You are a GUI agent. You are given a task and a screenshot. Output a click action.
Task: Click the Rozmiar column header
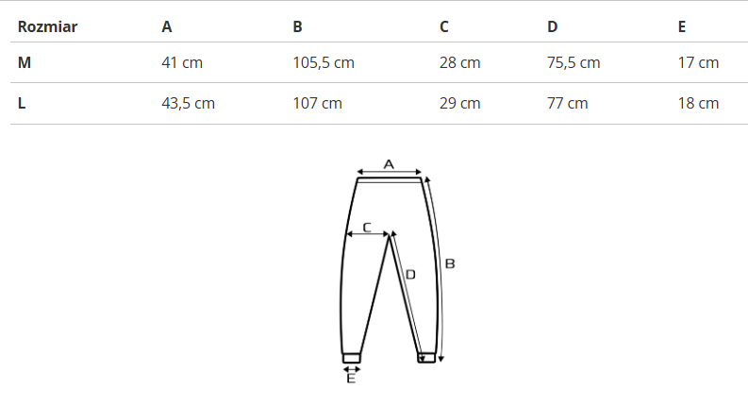[47, 26]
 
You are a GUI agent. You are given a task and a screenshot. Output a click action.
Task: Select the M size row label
[25, 62]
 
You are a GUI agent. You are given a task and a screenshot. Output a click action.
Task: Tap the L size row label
[22, 103]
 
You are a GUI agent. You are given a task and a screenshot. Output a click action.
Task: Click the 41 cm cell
[182, 62]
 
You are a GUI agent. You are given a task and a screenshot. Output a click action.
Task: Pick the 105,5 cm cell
[324, 62]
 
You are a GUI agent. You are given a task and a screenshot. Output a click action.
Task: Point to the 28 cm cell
[460, 62]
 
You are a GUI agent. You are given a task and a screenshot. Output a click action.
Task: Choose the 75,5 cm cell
[573, 62]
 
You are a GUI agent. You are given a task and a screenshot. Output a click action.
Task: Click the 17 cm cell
[698, 62]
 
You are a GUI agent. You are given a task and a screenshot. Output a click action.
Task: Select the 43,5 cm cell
[188, 103]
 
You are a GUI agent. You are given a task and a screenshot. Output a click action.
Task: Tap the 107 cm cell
[317, 103]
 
